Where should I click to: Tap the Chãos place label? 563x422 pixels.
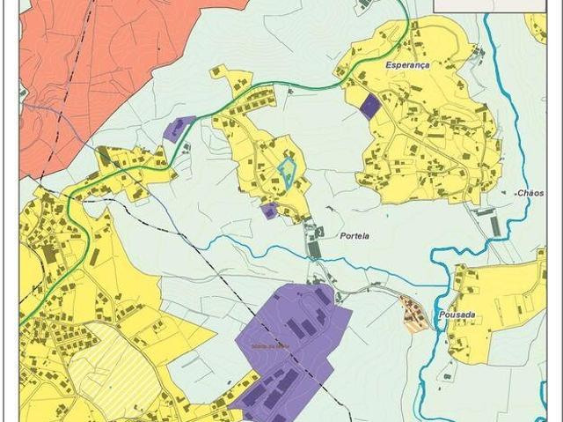click(530, 193)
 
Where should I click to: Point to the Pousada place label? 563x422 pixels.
click(461, 315)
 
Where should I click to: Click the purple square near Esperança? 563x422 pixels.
click(370, 106)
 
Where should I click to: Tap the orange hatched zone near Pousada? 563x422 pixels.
click(413, 314)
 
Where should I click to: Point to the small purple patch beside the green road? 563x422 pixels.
click(179, 129)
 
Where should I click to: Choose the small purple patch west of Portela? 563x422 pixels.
click(269, 211)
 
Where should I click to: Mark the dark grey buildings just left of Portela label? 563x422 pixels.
click(313, 238)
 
